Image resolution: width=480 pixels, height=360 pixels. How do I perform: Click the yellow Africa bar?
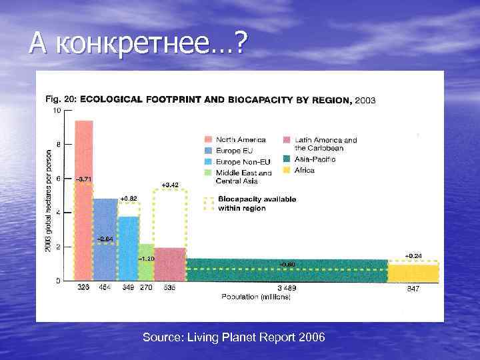click(x=413, y=273)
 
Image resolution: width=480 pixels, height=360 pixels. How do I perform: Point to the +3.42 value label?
click(x=170, y=184)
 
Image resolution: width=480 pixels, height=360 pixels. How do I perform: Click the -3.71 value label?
click(x=84, y=179)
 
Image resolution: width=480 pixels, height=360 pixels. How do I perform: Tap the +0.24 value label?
click(x=413, y=256)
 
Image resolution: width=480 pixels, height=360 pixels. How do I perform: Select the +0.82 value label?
click(x=129, y=199)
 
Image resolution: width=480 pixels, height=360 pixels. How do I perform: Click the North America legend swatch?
click(x=209, y=140)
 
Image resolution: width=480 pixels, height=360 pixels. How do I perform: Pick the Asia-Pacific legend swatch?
click(x=287, y=159)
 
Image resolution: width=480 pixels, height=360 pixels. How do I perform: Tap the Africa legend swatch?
click(x=287, y=170)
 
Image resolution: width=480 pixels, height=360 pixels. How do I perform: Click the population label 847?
click(x=413, y=288)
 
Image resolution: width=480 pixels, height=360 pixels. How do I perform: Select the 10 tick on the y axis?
click(x=57, y=110)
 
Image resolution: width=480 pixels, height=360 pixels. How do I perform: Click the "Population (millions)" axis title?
click(x=257, y=297)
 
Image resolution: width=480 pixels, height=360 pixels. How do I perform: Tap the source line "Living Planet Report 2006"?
click(x=234, y=338)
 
